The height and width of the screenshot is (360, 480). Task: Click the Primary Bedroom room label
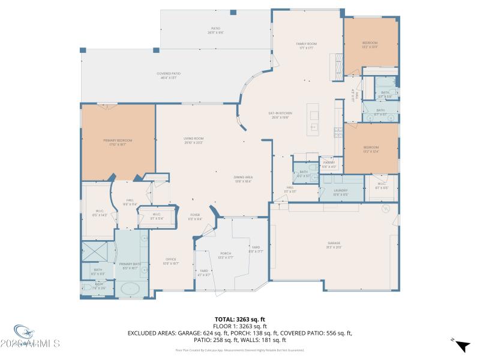(118, 141)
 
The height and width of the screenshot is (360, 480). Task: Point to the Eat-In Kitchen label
(280, 115)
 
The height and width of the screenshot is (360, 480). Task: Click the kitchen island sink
(313, 127)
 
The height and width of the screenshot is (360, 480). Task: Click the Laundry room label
(341, 191)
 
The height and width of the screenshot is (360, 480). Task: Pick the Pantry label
(329, 164)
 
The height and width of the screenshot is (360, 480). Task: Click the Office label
(171, 261)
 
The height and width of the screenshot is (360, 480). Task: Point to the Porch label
(226, 254)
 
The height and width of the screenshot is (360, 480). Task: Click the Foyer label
(195, 216)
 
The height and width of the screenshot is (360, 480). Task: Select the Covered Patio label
(169, 75)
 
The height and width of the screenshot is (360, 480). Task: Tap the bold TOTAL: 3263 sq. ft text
(239, 320)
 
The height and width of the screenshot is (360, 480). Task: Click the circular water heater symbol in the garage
(387, 209)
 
